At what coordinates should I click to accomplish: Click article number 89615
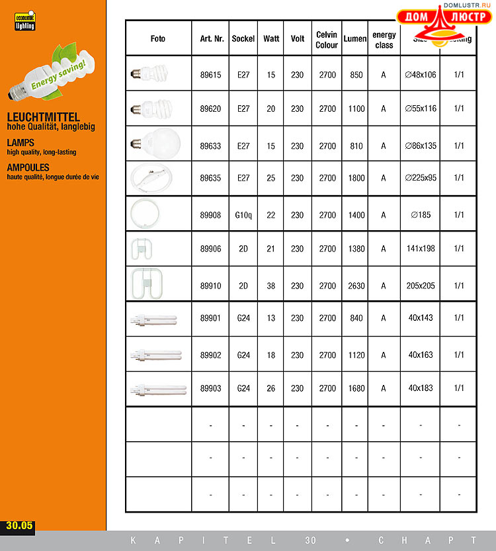(x=211, y=75)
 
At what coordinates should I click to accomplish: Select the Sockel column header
(x=243, y=39)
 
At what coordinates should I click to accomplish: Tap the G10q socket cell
(x=243, y=215)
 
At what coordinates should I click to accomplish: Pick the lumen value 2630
(x=356, y=286)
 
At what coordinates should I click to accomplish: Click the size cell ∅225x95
(x=421, y=178)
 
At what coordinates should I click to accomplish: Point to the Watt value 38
(x=271, y=286)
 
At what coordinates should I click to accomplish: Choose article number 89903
(x=211, y=388)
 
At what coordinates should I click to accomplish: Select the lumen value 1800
(x=356, y=178)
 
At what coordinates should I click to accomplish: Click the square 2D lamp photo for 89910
(x=149, y=284)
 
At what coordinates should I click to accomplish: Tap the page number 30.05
(x=19, y=527)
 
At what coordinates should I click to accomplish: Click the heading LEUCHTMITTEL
(x=43, y=117)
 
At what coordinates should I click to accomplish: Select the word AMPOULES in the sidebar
(x=30, y=168)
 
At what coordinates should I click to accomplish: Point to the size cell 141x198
(x=421, y=249)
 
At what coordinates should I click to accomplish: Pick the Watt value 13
(x=271, y=318)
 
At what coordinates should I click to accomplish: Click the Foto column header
(x=158, y=39)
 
